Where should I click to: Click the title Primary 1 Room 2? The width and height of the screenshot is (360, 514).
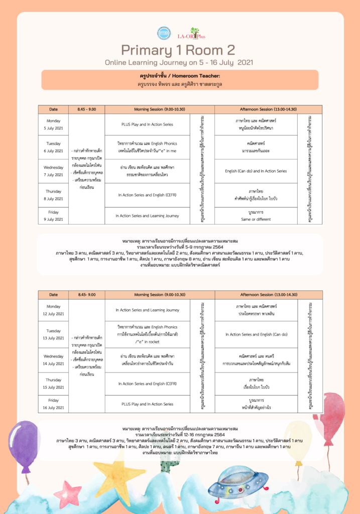[x=178, y=50]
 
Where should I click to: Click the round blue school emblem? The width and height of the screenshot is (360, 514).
[x=164, y=34]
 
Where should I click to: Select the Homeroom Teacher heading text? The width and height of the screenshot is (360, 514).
[x=180, y=76]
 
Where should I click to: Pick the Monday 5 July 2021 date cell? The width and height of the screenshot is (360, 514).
[x=54, y=124]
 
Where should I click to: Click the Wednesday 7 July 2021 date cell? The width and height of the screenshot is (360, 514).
[x=54, y=171]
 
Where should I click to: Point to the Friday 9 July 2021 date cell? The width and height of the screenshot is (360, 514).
[x=54, y=216]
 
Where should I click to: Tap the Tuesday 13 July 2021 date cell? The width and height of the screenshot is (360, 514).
[x=54, y=334]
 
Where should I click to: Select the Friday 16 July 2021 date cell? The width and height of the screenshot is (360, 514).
[x=54, y=404]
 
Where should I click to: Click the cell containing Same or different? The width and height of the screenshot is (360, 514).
[x=256, y=216]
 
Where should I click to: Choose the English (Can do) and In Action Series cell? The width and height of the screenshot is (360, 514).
[x=256, y=171]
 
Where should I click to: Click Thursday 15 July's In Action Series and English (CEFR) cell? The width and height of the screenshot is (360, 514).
[x=147, y=383]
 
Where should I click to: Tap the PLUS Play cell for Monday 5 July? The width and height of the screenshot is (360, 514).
[x=147, y=124]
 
